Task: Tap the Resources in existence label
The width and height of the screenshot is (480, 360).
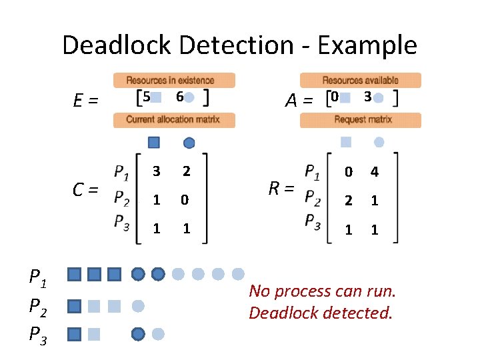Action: (x=174, y=80)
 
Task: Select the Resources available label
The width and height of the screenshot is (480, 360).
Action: (x=361, y=80)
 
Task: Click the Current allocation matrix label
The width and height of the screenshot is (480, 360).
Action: (x=173, y=120)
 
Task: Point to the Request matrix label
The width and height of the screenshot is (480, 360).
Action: (x=360, y=120)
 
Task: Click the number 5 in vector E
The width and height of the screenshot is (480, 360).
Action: (x=147, y=97)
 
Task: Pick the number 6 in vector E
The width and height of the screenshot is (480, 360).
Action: (x=179, y=97)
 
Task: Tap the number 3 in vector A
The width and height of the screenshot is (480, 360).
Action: (x=367, y=97)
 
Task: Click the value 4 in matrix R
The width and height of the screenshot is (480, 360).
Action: (x=375, y=173)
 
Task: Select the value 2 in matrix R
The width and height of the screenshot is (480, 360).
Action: (x=347, y=201)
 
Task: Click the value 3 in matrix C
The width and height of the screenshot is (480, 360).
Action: (x=156, y=171)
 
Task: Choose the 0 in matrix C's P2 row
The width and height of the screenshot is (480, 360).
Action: (x=187, y=200)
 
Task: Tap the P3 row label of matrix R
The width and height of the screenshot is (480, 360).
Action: (x=312, y=222)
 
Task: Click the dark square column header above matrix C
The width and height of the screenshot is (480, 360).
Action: (x=154, y=142)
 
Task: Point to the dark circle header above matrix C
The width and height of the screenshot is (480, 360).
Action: (x=189, y=142)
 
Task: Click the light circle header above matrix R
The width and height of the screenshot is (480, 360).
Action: (x=379, y=141)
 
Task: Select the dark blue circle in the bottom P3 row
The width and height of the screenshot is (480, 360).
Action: (x=138, y=333)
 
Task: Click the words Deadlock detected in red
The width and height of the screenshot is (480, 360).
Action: (x=320, y=312)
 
